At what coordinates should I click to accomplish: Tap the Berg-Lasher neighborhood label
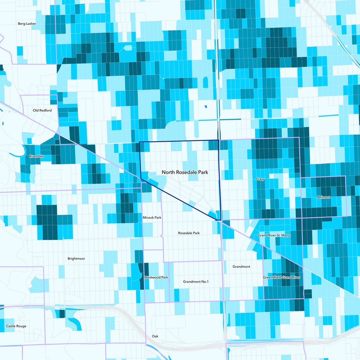27,23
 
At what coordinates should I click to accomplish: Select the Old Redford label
42,110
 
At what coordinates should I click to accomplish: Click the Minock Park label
152,217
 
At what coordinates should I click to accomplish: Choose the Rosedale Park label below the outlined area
189,233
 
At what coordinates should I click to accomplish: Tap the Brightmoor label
76,259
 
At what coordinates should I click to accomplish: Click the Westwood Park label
156,277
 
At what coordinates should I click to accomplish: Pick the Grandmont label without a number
241,267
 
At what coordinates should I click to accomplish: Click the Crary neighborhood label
260,179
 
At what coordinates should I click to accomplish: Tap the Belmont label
324,197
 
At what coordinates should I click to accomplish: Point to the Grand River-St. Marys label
274,235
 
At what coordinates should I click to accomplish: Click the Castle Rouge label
16,326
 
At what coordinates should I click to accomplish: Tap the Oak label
155,336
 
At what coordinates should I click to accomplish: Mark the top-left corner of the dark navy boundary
139,142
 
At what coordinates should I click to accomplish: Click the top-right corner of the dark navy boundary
219,140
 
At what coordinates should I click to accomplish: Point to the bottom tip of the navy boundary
217,220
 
